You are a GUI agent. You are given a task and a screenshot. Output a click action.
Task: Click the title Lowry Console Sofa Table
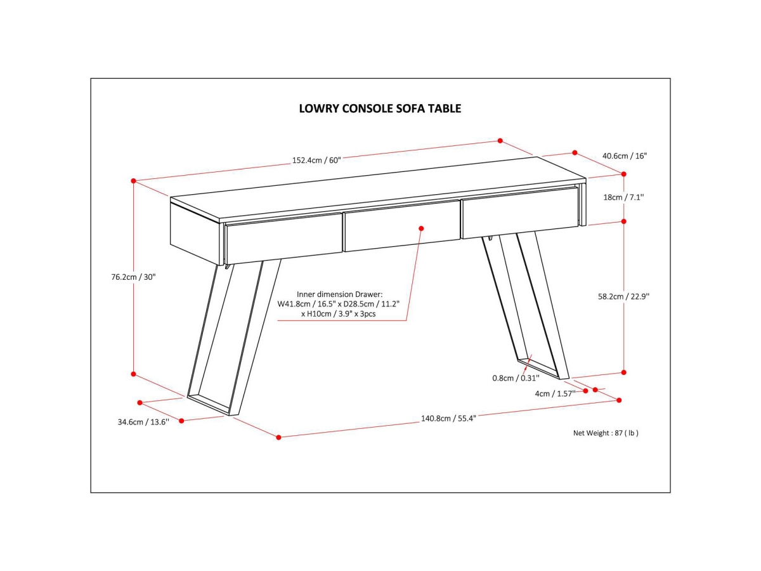[380, 108]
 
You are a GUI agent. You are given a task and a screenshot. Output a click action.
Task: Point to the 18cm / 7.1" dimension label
[623, 197]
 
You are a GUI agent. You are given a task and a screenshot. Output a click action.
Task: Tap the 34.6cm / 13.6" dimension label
[143, 422]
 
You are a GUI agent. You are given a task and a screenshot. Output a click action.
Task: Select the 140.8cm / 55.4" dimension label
[448, 418]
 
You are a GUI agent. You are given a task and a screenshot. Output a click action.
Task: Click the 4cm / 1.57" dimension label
[555, 393]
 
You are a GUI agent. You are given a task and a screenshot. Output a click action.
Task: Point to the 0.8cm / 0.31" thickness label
[516, 378]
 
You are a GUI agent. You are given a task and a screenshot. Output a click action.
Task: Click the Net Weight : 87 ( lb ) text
[606, 433]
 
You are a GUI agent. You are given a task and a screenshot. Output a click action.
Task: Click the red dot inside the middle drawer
[420, 228]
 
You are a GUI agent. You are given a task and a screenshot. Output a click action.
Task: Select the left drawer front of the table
[284, 239]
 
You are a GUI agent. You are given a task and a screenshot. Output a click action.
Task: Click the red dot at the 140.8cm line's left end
[278, 436]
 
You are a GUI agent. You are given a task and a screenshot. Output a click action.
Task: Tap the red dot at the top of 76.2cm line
[134, 181]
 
